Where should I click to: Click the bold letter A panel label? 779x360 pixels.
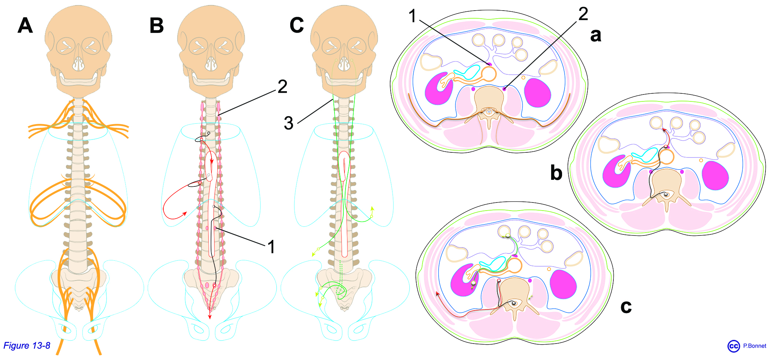pyautogui.click(x=25, y=26)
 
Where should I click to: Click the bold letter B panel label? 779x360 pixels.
pyautogui.click(x=156, y=26)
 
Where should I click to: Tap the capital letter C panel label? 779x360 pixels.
pyautogui.click(x=296, y=26)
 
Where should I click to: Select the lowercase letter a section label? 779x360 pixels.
pyautogui.click(x=596, y=35)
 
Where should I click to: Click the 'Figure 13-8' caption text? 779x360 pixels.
pyautogui.click(x=27, y=345)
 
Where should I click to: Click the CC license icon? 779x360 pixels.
pyautogui.click(x=734, y=346)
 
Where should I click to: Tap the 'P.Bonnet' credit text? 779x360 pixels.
pyautogui.click(x=754, y=346)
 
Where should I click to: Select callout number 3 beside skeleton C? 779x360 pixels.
pyautogui.click(x=289, y=123)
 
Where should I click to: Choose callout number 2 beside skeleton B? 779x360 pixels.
pyautogui.click(x=282, y=87)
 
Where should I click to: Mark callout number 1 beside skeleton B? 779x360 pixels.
pyautogui.click(x=271, y=247)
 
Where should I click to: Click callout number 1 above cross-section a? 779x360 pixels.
pyautogui.click(x=413, y=16)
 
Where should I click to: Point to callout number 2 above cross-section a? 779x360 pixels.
pyautogui.click(x=583, y=14)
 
